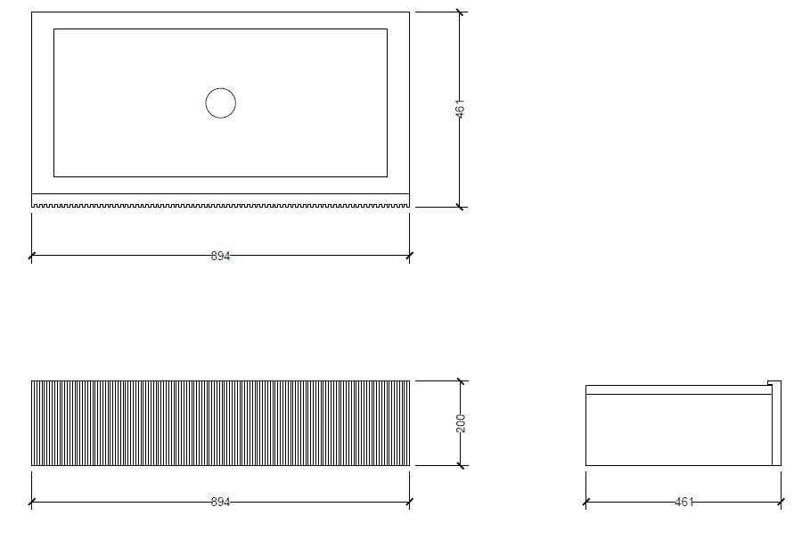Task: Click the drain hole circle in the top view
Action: pos(220,103)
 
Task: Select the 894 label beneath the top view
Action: pos(220,256)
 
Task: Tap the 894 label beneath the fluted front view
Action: pos(220,502)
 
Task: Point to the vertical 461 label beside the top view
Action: pos(460,110)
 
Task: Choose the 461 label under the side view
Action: pos(683,502)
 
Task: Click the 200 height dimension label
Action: pos(460,423)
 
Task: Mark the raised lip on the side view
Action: pos(774,386)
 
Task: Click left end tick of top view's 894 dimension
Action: pos(31,256)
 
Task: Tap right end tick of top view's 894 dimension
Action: pos(410,256)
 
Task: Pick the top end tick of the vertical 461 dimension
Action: pos(460,12)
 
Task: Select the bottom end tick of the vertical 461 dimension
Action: pos(460,207)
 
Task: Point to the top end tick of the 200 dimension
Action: pos(460,381)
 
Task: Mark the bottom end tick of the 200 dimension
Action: pos(460,465)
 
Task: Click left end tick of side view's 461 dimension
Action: pos(585,502)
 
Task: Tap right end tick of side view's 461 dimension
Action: pos(782,502)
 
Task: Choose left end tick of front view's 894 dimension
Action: pos(31,502)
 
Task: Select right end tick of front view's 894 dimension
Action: pos(410,502)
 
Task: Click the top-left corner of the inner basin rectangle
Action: pos(54,29)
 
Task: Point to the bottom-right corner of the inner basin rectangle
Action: pos(387,176)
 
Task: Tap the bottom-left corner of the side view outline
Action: pos(585,465)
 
